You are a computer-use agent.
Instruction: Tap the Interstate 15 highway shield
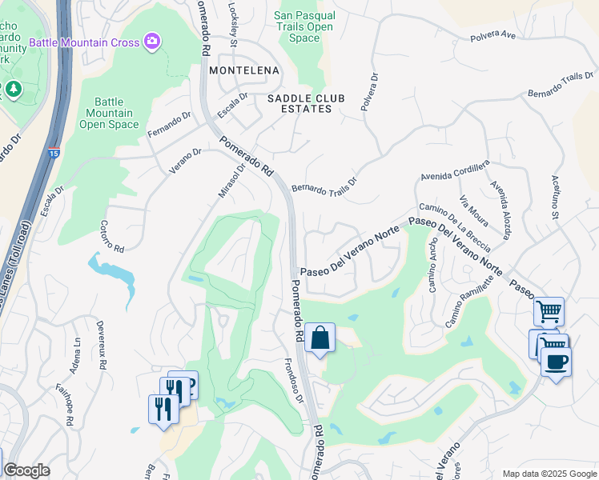pos(52,150)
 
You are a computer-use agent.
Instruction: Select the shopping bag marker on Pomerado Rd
pos(320,338)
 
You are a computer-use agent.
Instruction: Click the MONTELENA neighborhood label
pos(244,70)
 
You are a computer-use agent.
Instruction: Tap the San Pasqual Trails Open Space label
pos(303,26)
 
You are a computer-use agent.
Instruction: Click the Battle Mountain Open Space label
pos(109,113)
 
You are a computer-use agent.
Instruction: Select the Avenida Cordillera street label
pos(455,171)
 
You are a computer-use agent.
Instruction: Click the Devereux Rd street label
pos(102,345)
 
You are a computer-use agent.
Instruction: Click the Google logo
pos(26,470)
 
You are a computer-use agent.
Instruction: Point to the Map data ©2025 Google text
pos(549,474)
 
